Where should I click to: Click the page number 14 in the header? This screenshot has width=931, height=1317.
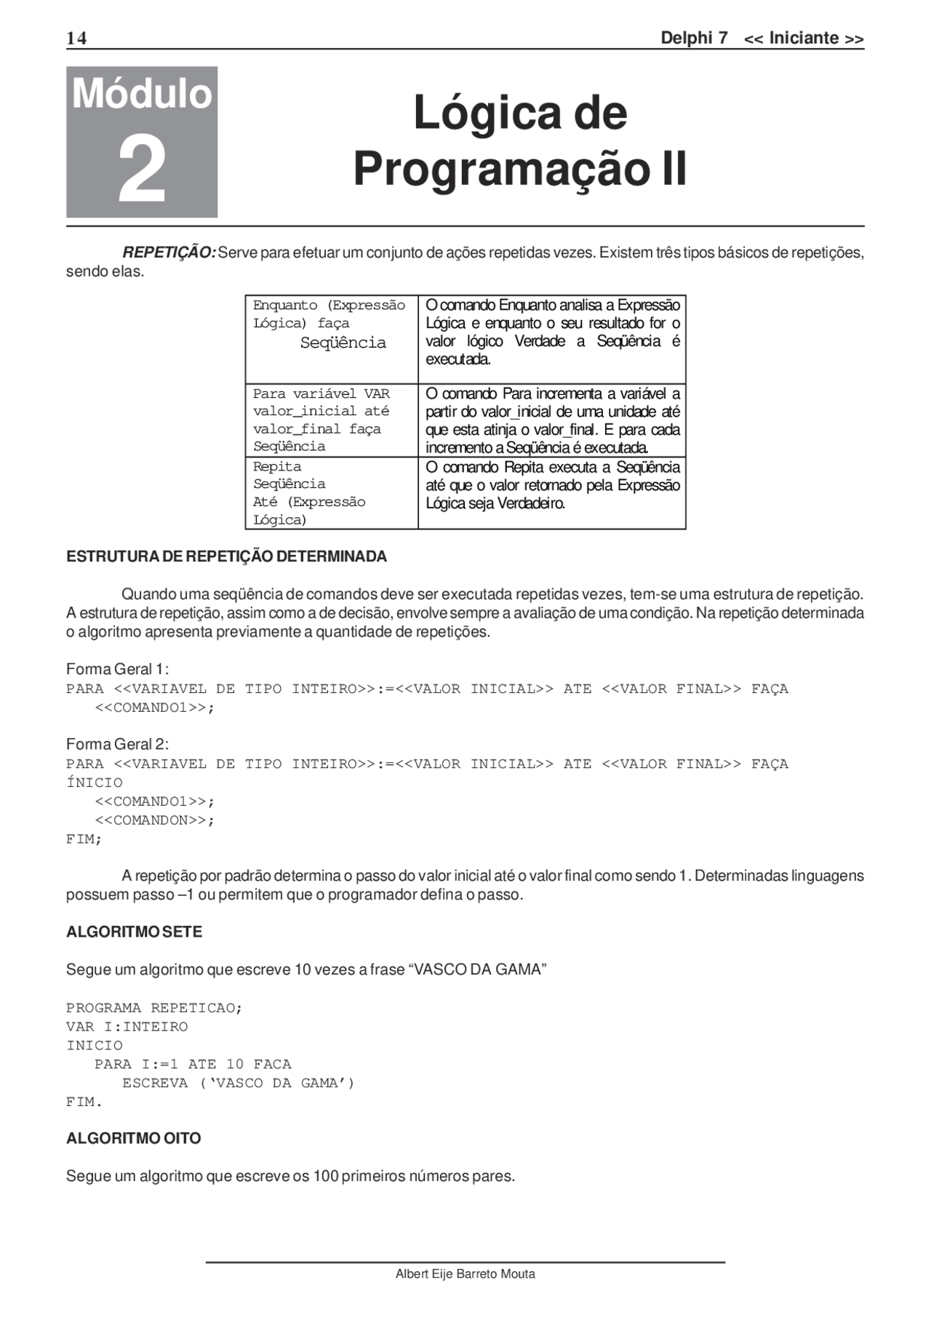tap(76, 39)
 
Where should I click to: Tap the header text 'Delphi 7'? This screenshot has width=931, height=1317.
tap(693, 39)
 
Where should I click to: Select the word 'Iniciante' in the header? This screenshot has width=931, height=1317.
tap(804, 39)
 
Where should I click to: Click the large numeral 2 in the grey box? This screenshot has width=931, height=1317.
tap(142, 172)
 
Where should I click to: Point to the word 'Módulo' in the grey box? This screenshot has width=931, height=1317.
tap(142, 95)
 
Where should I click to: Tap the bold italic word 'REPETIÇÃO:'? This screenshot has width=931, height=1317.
tap(169, 253)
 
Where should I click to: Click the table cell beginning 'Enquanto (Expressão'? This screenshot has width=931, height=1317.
tap(331, 338)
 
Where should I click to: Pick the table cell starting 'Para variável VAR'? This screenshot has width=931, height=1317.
tap(331, 420)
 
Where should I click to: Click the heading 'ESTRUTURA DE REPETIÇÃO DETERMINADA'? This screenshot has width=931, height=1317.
tap(226, 557)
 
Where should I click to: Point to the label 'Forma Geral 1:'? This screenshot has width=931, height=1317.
tap(117, 669)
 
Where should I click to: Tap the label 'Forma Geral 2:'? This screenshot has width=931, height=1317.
tap(117, 744)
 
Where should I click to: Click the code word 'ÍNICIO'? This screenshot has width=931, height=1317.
tap(95, 783)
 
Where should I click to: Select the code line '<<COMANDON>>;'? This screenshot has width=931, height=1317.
tap(155, 820)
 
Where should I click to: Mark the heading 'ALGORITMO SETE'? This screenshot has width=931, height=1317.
tap(134, 932)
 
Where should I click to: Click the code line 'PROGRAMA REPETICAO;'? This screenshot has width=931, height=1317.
tap(154, 1008)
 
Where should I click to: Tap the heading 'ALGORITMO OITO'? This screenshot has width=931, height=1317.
tap(133, 1139)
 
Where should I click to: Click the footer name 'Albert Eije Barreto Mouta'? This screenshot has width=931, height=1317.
tap(465, 1273)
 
